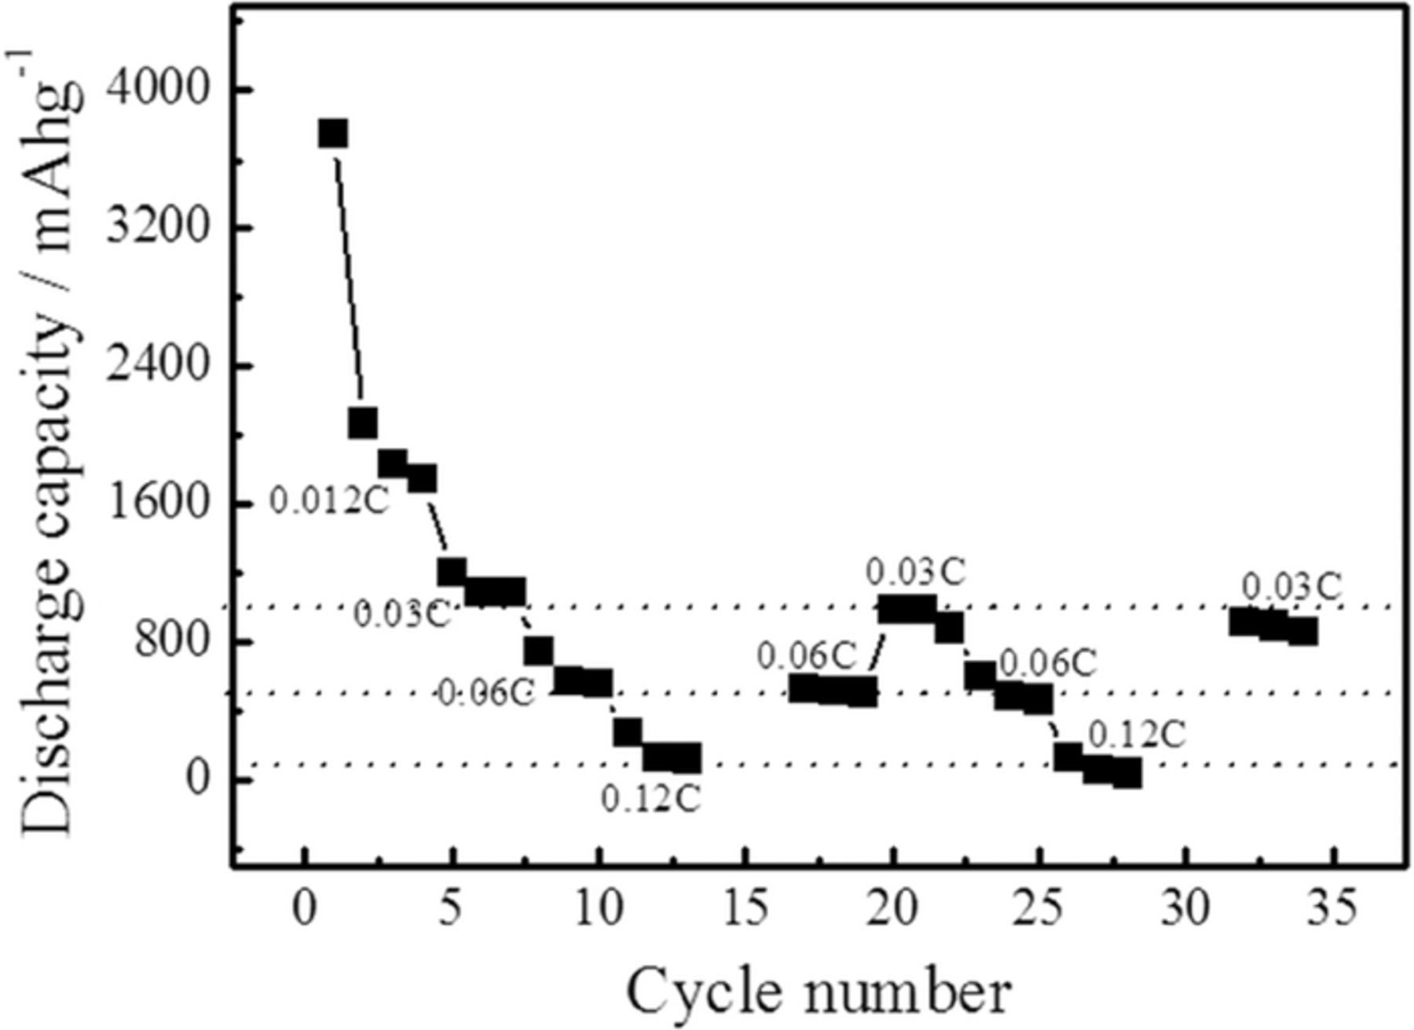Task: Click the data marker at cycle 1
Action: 333,134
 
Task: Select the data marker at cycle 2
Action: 362,423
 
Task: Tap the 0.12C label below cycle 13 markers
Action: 650,800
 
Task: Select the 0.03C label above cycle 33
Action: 1291,587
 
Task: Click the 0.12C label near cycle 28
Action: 1136,735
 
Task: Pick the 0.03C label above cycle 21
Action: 915,573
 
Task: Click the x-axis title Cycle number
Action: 818,992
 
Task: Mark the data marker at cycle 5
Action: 452,572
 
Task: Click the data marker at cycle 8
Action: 539,651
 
